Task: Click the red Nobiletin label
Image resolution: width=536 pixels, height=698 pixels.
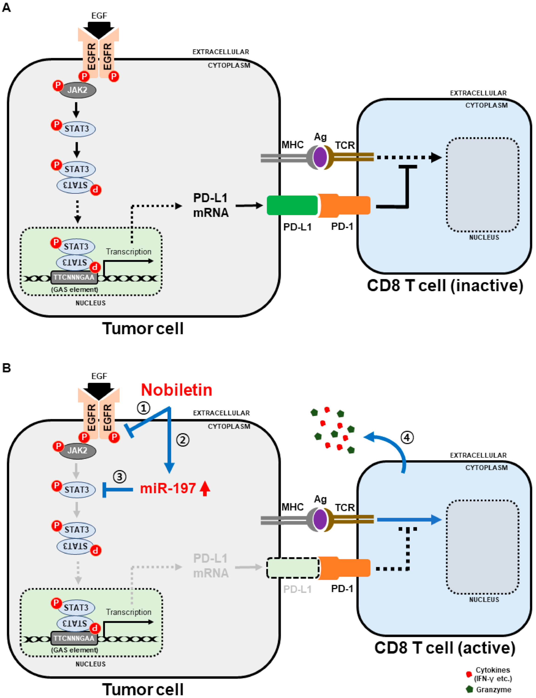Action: (x=176, y=390)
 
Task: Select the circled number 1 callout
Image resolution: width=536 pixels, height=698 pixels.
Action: (x=143, y=408)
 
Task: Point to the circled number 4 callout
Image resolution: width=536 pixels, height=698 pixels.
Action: (x=407, y=437)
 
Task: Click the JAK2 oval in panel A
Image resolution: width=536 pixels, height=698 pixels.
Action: (x=77, y=90)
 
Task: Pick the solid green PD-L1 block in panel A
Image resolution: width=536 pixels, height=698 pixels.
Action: (x=292, y=205)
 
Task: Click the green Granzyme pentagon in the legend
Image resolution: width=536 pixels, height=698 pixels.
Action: (x=469, y=689)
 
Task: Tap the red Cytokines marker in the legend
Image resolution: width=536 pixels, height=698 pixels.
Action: (x=469, y=674)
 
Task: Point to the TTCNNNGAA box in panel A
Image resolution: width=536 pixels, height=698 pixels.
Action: (x=74, y=277)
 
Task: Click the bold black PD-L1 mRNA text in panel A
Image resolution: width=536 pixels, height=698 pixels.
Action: (x=211, y=205)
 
